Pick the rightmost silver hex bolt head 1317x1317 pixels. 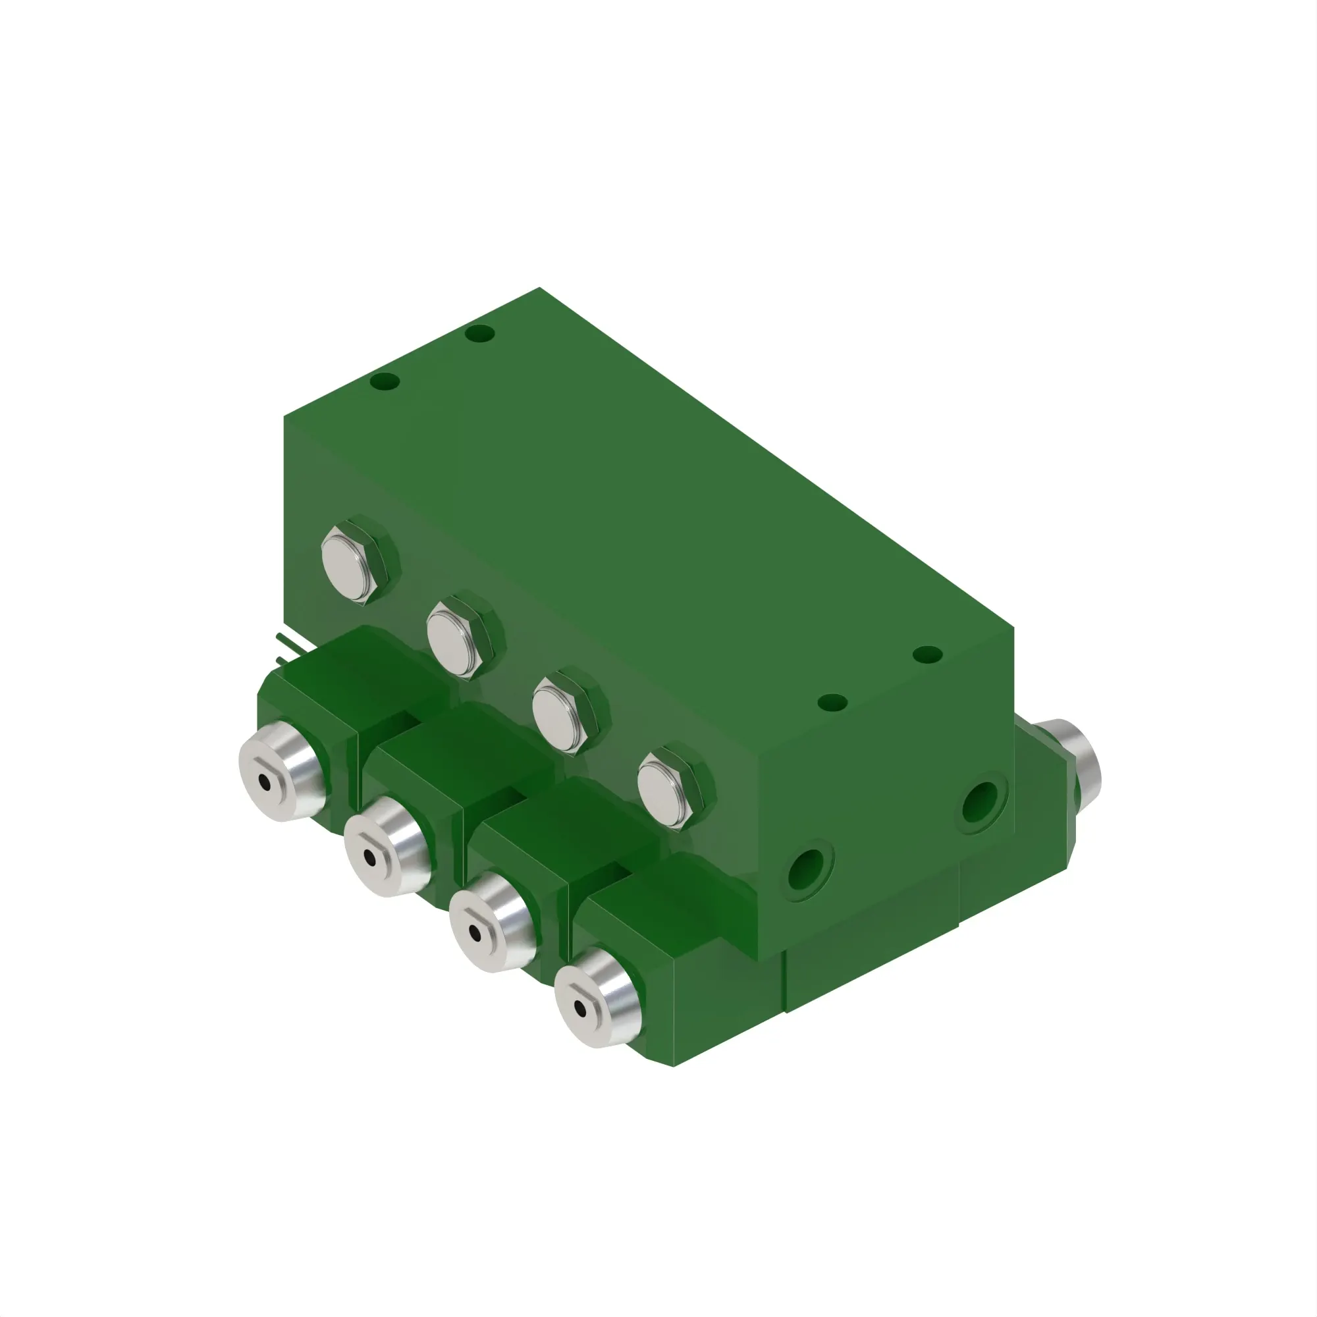click(x=671, y=790)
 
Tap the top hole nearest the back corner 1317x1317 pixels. click(x=481, y=334)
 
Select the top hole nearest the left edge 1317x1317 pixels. click(x=385, y=381)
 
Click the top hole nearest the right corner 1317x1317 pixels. click(x=927, y=655)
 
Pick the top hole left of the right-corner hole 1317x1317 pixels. click(x=832, y=702)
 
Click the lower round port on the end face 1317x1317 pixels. click(x=810, y=869)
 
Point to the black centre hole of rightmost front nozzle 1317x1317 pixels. click(x=579, y=1008)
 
